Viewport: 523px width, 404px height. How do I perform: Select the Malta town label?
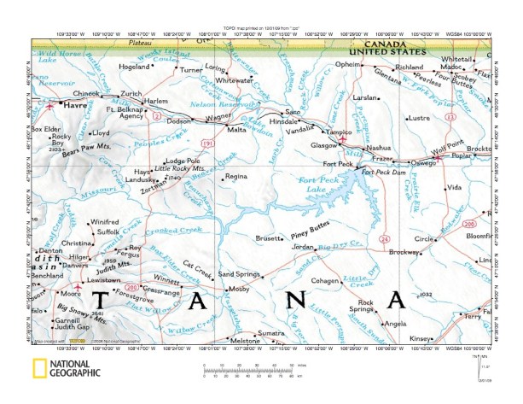click(x=236, y=133)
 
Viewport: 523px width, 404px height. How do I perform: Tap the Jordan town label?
click(x=303, y=247)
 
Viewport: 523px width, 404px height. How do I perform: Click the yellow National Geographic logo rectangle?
click(x=38, y=371)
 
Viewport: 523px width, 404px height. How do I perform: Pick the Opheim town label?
click(x=348, y=64)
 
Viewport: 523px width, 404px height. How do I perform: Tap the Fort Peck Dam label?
click(x=381, y=173)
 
